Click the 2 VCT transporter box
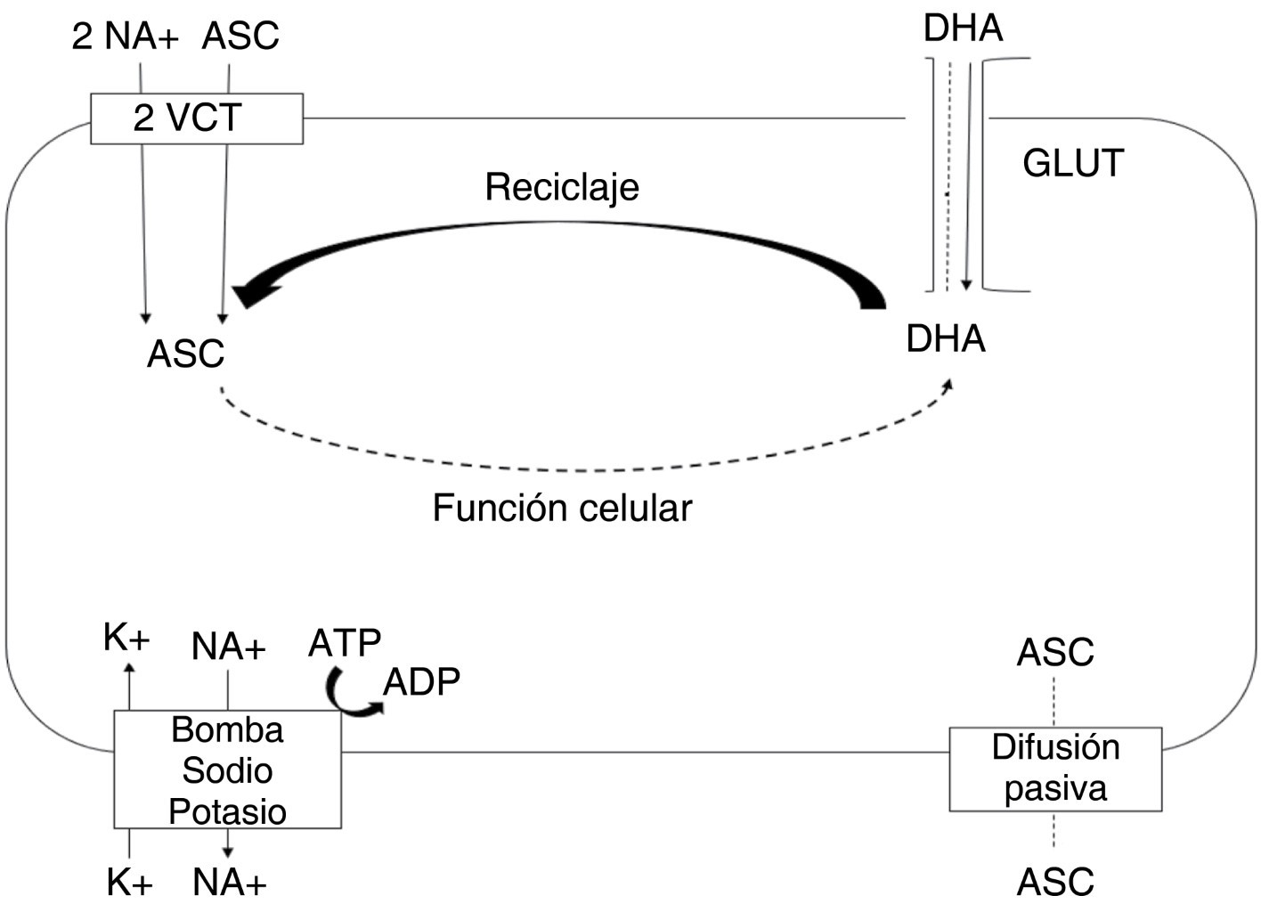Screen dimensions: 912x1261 [196, 118]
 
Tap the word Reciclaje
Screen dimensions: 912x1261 [561, 187]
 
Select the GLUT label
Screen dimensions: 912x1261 [1072, 163]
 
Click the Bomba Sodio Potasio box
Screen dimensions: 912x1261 [227, 769]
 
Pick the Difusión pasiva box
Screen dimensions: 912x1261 [1055, 769]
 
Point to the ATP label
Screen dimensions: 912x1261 [344, 642]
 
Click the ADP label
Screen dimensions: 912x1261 [421, 682]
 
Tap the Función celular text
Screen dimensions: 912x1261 [561, 509]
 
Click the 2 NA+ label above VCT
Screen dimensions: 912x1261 [125, 37]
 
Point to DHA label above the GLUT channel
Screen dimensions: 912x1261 [963, 28]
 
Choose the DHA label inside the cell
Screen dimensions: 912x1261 [945, 339]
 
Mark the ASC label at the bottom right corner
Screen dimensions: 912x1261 [1054, 882]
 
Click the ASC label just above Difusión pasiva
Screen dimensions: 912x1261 [1054, 653]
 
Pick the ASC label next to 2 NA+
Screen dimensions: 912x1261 [240, 37]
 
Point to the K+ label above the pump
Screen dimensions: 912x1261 [126, 638]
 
